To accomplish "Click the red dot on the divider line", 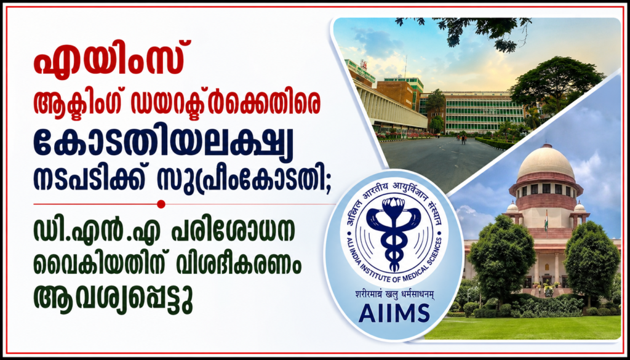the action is point(161,204).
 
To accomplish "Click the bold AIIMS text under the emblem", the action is point(394,313).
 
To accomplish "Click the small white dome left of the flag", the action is point(512,207).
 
